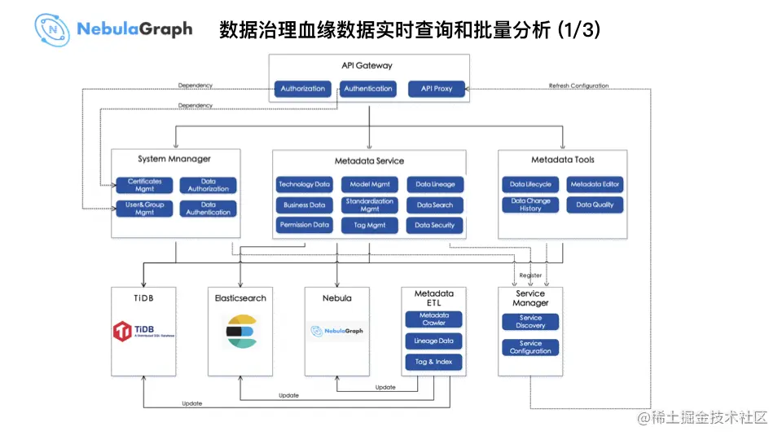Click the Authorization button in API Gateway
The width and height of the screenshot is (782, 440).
303,89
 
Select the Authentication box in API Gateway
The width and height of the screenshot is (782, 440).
368,89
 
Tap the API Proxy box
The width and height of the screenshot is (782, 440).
437,89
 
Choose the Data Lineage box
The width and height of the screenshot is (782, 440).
435,185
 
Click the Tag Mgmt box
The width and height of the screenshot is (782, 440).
370,225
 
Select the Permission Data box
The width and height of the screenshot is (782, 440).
305,225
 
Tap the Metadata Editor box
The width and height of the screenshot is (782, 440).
595,185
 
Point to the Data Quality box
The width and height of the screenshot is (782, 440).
595,205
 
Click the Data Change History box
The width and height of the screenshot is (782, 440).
530,205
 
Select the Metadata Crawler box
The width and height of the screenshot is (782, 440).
433,319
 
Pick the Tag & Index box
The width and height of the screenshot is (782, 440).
433,362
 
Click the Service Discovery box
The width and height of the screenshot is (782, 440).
530,322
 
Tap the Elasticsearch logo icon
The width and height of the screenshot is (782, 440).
240,331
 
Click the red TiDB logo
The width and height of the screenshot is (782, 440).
123,331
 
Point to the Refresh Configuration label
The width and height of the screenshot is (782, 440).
578,86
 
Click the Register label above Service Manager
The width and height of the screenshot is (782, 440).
530,275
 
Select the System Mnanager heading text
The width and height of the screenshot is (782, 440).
174,160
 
